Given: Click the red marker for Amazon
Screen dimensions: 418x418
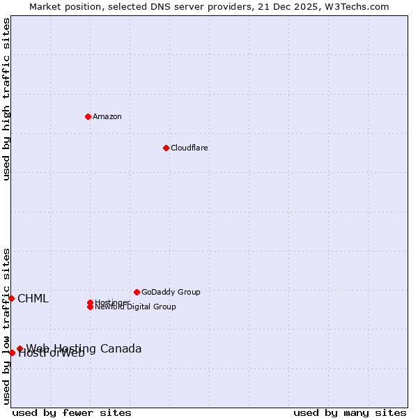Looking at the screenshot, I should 88,116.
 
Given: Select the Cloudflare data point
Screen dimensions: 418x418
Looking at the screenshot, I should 166,148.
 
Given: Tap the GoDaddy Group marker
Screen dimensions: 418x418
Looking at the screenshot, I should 137,292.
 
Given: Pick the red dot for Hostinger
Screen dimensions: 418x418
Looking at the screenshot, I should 90,302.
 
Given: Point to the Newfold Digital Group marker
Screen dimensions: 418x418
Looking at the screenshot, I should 90,307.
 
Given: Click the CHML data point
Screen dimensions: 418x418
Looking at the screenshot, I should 11,298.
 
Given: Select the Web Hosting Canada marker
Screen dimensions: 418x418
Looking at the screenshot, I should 20,348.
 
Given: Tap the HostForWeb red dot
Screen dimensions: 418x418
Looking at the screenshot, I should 12,353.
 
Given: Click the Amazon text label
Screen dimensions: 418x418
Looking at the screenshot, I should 107,116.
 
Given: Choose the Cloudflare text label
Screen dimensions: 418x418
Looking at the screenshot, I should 189,148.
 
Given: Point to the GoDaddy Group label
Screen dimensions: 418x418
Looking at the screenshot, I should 171,292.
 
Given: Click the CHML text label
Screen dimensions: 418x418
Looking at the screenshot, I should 33,299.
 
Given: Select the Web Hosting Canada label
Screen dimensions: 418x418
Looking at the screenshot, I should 84,348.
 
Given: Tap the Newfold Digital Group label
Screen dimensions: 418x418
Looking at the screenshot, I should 135,307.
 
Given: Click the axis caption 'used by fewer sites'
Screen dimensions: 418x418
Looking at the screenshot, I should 72,412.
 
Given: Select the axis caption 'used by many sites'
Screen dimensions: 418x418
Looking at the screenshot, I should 350,412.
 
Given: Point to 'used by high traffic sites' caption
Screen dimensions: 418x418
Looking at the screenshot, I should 6,99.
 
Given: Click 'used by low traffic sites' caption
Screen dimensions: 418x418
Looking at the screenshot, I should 6,325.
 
